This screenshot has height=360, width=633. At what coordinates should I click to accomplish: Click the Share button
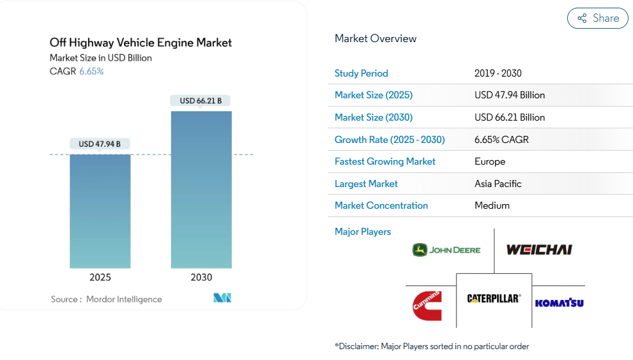click(598, 19)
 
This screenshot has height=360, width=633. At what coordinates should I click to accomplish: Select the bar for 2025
click(100, 211)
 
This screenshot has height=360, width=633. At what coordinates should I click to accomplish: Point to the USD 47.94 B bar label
click(100, 144)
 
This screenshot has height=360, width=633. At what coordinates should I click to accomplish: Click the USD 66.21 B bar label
click(201, 101)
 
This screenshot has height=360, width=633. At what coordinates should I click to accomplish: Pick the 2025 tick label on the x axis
click(100, 277)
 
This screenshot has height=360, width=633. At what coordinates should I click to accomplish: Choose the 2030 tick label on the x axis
click(201, 277)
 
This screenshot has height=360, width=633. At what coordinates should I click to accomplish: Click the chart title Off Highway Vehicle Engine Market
click(141, 43)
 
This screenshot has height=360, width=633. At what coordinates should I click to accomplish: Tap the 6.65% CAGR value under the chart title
click(91, 71)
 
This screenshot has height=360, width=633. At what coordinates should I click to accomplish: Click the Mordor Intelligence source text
click(124, 299)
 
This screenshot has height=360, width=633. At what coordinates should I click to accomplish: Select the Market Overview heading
click(376, 38)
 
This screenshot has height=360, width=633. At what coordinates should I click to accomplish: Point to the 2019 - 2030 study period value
click(498, 73)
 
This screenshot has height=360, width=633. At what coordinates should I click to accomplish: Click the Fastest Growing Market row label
click(385, 161)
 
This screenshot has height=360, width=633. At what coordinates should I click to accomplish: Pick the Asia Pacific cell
click(498, 184)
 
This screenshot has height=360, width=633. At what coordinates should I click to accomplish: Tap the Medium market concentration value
click(492, 206)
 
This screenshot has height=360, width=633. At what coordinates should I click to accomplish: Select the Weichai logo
click(539, 250)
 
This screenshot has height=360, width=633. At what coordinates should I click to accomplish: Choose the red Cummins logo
click(427, 304)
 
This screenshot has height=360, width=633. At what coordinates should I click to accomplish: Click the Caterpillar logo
click(494, 299)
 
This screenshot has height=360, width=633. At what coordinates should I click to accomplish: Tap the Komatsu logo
click(559, 303)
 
